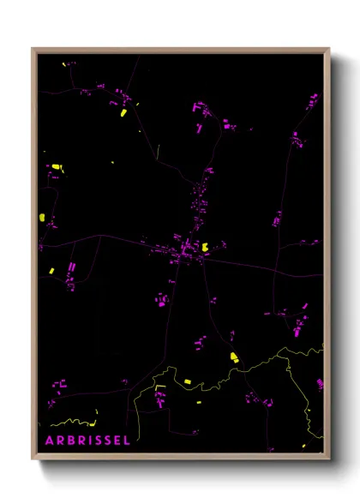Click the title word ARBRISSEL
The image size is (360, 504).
pyautogui.click(x=87, y=441)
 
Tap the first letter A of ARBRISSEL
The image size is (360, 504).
pyautogui.click(x=49, y=441)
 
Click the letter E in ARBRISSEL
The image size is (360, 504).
pyautogui.click(x=117, y=441)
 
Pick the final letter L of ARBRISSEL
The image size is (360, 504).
pyautogui.click(x=127, y=441)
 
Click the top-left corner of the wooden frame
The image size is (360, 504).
pyautogui.click(x=33, y=49)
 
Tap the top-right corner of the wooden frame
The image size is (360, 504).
pyautogui.click(x=329, y=49)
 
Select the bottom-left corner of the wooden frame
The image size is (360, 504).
pyautogui.click(x=33, y=459)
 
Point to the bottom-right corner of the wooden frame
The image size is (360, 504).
pyautogui.click(x=329, y=459)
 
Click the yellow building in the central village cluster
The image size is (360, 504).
pyautogui.click(x=205, y=246)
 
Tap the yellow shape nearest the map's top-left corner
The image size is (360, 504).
pyautogui.click(x=63, y=63)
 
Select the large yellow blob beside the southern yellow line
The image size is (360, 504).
pyautogui.click(x=232, y=357)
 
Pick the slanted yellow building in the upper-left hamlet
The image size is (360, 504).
pyautogui.click(x=123, y=112)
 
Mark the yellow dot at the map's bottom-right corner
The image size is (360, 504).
pyautogui.click(x=303, y=447)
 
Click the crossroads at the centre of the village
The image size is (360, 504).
pyautogui.click(x=183, y=250)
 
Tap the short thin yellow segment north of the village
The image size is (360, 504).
pyautogui.click(x=158, y=151)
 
